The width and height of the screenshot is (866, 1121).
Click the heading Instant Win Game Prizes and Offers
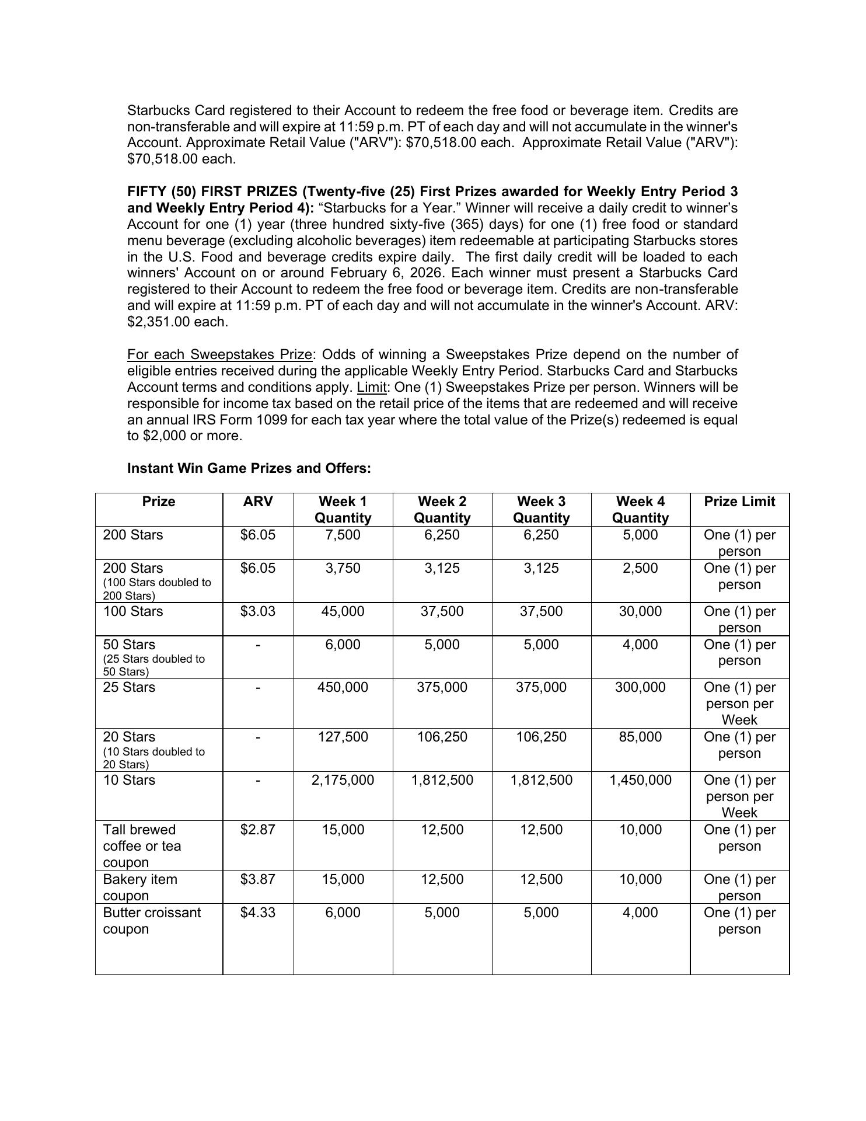point(249,468)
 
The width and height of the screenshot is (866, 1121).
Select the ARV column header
point(258,502)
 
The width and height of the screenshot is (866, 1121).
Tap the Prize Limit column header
point(739,502)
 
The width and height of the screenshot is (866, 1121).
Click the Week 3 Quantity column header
point(541,510)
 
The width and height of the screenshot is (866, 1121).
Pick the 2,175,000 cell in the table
point(343,781)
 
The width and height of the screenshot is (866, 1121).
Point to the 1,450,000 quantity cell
point(640,781)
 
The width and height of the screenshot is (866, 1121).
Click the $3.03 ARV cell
point(258,612)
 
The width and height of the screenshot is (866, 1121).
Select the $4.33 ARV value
point(258,913)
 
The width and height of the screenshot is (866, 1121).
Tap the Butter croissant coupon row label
point(152,921)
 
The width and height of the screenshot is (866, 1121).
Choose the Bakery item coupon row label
point(140,887)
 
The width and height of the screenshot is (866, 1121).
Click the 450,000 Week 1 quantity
point(343,688)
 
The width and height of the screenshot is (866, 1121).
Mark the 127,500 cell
point(343,737)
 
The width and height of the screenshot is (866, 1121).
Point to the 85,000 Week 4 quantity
point(640,737)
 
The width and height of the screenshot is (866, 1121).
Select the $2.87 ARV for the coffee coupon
point(258,830)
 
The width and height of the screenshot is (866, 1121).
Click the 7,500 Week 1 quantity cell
point(343,535)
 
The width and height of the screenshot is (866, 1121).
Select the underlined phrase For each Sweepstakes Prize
point(220,355)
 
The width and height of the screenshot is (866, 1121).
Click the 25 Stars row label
point(129,688)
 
